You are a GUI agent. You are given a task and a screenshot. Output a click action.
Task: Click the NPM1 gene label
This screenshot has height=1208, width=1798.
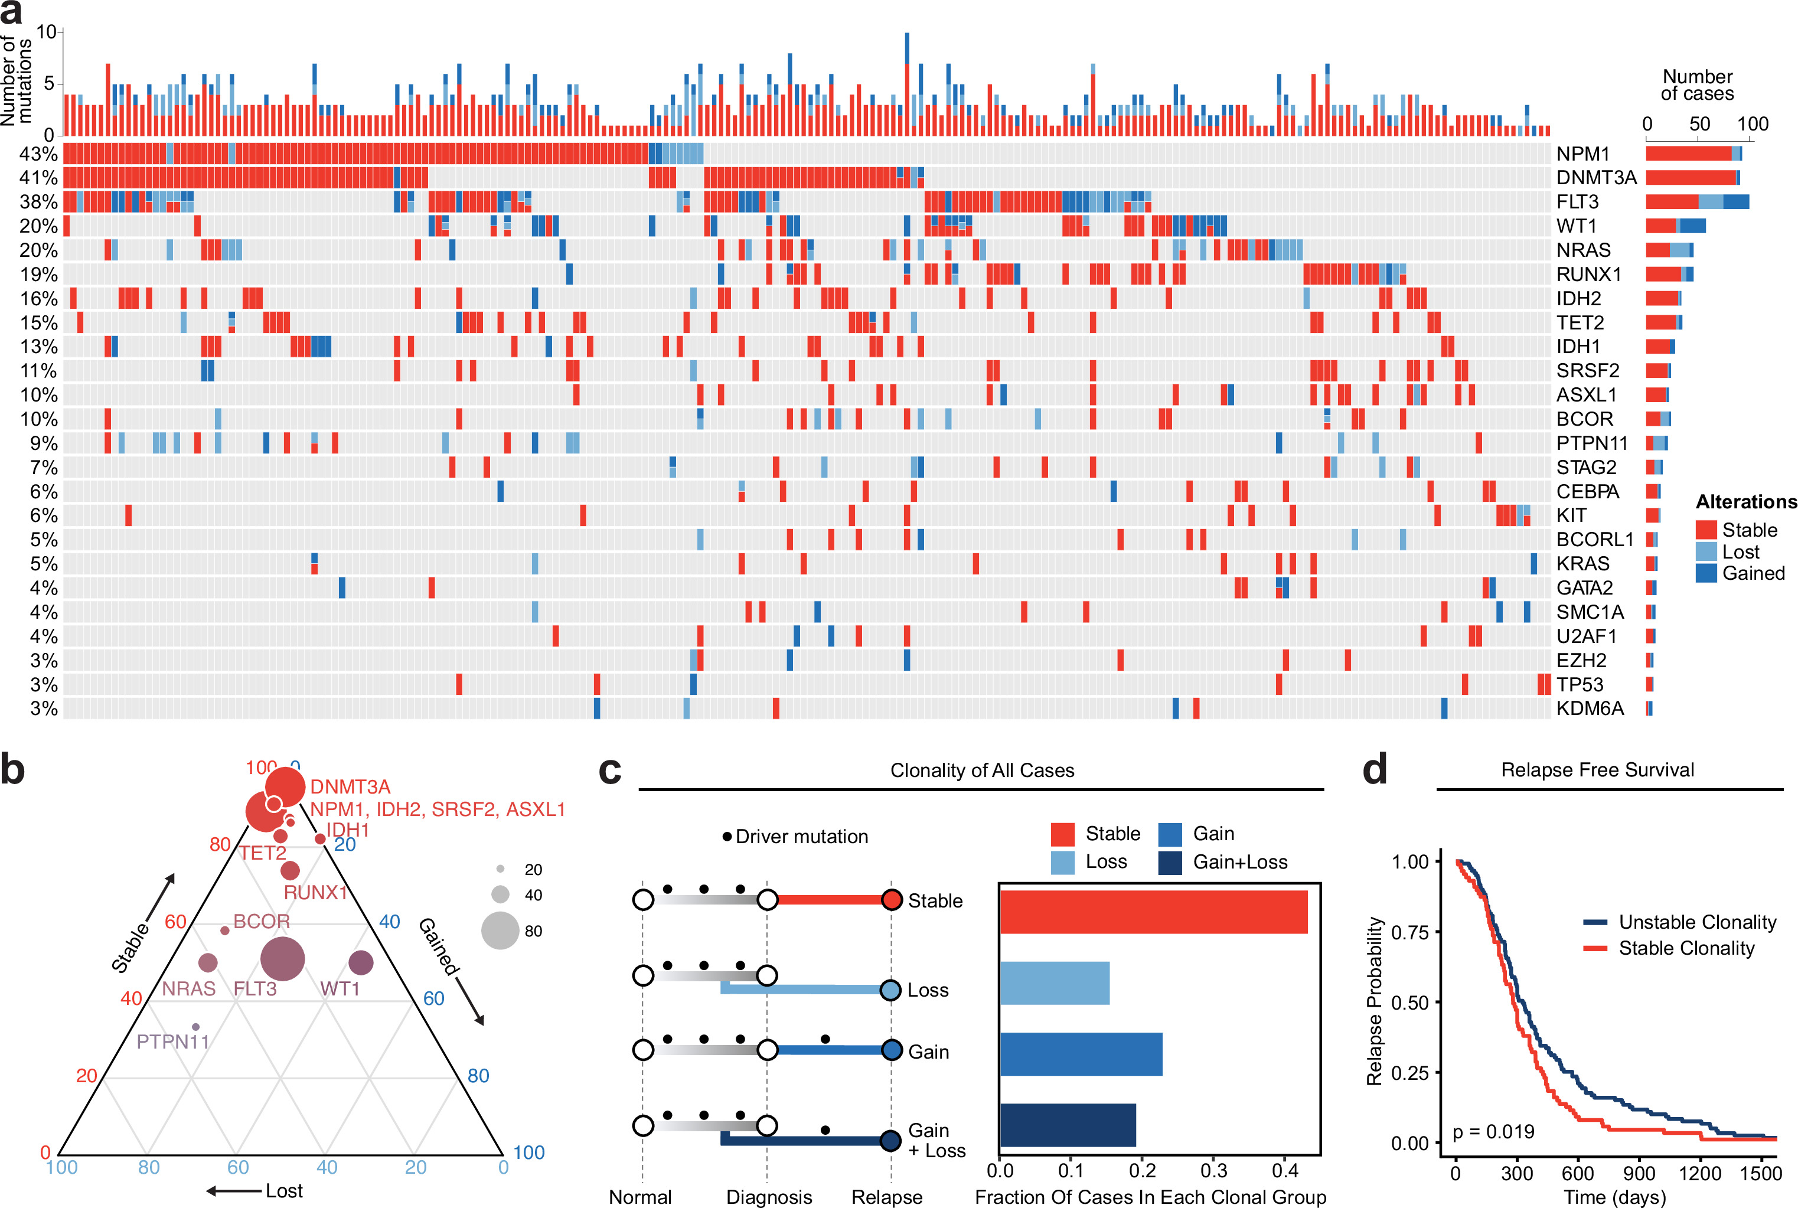1582,154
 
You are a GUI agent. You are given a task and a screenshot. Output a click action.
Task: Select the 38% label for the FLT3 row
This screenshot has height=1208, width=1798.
38,202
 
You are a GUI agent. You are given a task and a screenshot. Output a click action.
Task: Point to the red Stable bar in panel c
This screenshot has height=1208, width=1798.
1153,912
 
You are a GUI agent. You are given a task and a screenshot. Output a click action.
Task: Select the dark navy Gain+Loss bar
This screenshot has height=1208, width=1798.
1067,1125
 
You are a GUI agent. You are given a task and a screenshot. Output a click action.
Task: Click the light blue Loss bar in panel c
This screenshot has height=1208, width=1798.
1054,983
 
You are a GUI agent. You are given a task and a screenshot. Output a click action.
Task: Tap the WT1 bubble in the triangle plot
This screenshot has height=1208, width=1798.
361,962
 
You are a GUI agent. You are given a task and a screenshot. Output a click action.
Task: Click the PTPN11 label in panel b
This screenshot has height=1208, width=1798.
172,1042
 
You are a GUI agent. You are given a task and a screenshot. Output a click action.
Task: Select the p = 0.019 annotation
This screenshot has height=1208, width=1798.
1493,1132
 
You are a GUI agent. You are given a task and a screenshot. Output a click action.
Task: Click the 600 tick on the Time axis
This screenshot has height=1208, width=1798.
1578,1173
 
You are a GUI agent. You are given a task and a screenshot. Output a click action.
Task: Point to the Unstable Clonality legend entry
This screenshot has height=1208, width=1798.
1697,922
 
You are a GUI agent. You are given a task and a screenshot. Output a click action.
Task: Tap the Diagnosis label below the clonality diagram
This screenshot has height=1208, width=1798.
769,1196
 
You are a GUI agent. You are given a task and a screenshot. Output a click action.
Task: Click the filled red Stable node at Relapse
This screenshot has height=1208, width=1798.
891,900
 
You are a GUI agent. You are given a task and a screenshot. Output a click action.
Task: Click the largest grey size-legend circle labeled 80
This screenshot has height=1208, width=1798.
500,931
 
